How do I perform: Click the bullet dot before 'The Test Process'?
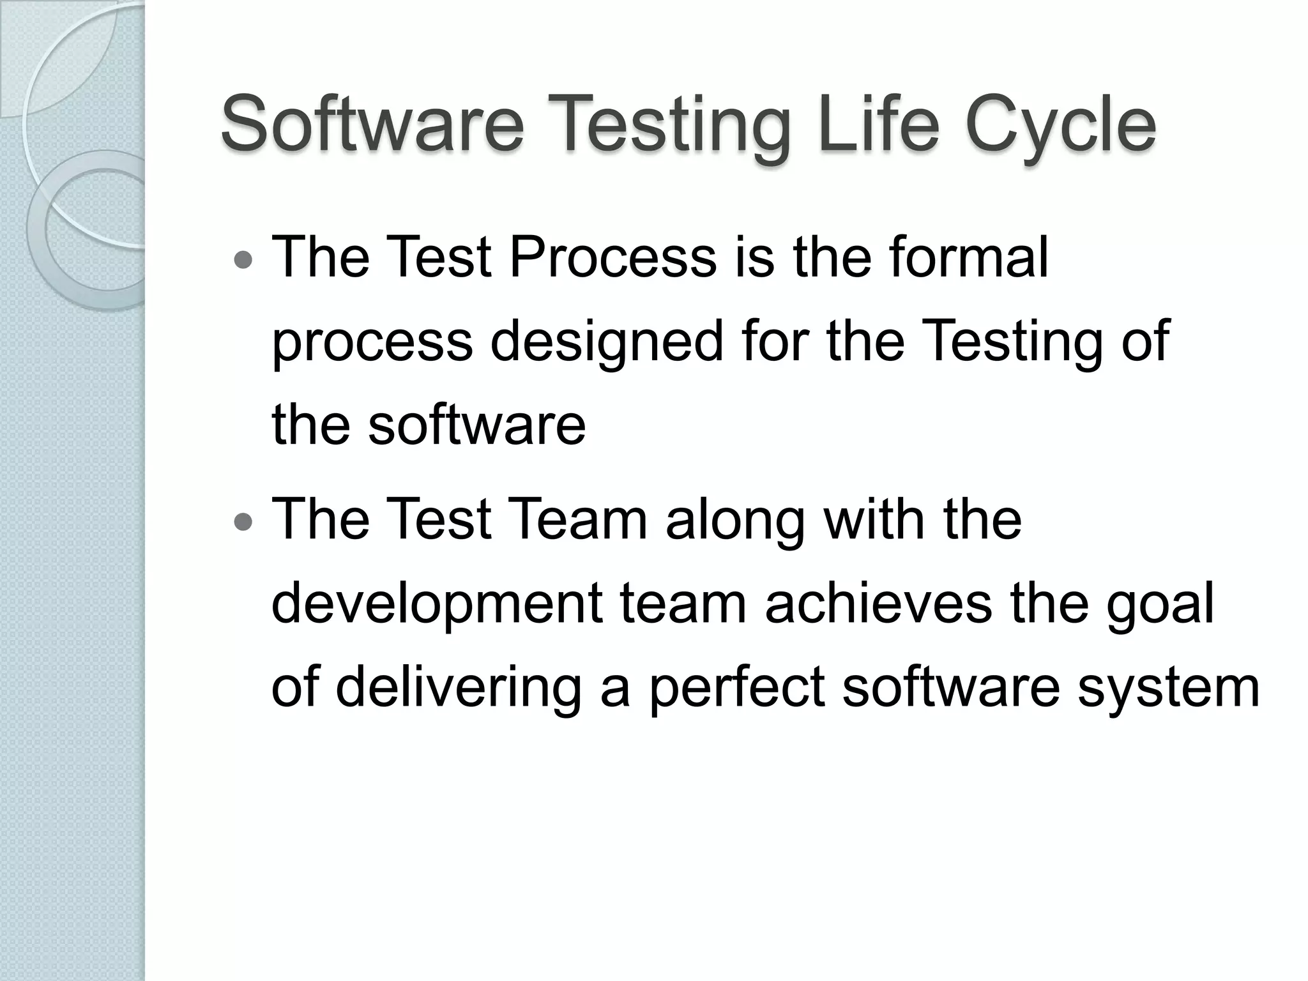tap(243, 261)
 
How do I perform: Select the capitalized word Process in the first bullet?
tap(612, 257)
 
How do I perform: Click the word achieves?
tap(878, 604)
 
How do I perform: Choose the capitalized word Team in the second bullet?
tap(579, 519)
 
